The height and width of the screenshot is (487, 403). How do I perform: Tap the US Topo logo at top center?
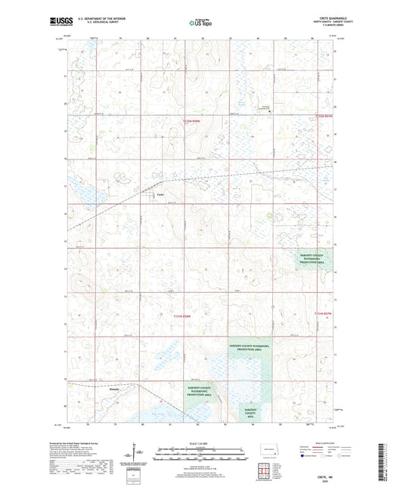200,23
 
